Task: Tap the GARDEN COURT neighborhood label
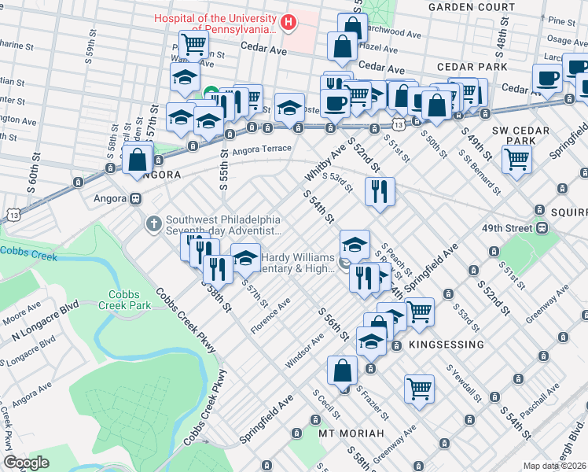pos(471,7)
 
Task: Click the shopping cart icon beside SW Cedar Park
pos(518,159)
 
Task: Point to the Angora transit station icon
pos(135,199)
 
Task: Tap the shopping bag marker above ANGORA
pos(138,160)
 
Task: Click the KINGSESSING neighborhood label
pos(445,345)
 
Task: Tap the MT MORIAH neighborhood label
pos(351,433)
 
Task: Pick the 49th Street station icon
pos(542,227)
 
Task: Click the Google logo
pos(26,462)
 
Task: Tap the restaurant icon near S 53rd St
pos(380,191)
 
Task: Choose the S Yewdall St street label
pos(464,382)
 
